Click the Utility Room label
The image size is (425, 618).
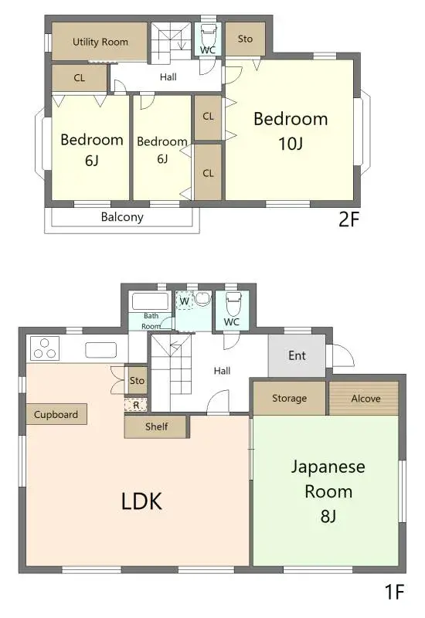[x=100, y=42]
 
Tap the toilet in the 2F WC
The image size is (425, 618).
[x=208, y=36]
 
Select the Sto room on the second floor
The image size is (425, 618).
[x=245, y=39]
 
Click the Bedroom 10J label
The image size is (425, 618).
[x=291, y=130]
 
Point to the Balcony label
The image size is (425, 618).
[x=122, y=217]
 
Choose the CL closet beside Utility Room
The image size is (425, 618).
[x=80, y=78]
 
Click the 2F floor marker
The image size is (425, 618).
[x=349, y=219]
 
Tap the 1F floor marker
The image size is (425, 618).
[x=395, y=593]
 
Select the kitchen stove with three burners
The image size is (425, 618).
[x=46, y=349]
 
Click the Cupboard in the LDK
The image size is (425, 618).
[x=56, y=415]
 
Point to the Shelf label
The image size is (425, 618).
[x=156, y=426]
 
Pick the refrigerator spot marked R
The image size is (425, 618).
[x=136, y=404]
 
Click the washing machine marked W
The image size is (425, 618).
[x=184, y=301]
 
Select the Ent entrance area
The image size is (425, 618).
[x=297, y=356]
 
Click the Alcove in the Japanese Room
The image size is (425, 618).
[x=365, y=399]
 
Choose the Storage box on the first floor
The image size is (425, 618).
[x=289, y=399]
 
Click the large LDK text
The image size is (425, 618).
[x=141, y=501]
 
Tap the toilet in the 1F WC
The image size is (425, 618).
[x=232, y=304]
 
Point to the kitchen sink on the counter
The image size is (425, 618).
[x=100, y=350]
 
